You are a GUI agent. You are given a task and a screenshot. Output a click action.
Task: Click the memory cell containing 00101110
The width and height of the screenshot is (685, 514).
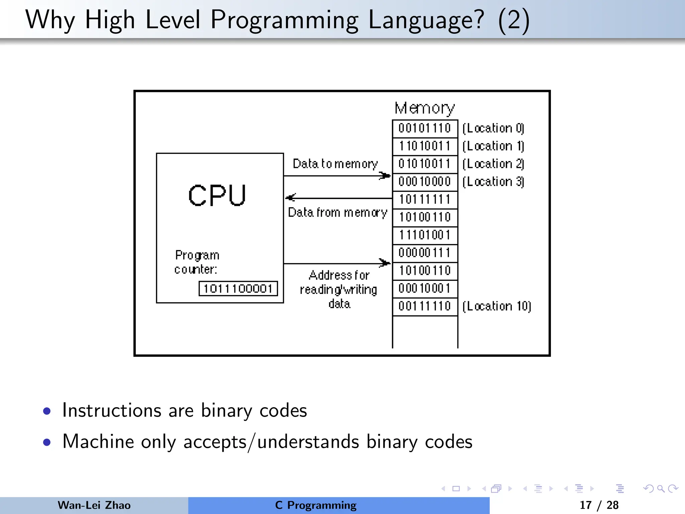point(425,128)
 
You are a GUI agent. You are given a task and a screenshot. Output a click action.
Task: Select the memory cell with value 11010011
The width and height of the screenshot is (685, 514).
point(425,146)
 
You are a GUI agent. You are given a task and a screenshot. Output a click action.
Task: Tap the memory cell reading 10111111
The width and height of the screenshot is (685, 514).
point(425,199)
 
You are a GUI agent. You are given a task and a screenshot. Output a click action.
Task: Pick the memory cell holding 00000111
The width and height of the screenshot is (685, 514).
point(425,253)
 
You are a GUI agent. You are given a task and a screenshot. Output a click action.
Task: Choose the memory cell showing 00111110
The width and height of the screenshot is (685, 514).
point(425,306)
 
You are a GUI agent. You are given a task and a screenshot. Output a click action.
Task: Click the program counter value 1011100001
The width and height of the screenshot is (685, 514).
point(238,288)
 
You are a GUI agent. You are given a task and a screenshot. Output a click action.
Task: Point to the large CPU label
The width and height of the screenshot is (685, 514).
point(217,195)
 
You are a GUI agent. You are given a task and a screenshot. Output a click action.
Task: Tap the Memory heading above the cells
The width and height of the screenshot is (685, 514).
point(425,108)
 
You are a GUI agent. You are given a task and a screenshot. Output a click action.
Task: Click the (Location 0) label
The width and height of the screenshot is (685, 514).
point(493,128)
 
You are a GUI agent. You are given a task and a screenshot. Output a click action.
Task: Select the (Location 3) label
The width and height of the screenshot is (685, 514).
point(493,182)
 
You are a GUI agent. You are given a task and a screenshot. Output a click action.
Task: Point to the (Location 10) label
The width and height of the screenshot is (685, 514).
point(497,306)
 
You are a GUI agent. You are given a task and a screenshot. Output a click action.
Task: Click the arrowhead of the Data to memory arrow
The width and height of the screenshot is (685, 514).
point(385,175)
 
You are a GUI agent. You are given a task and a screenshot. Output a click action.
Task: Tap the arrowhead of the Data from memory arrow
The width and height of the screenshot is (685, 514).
point(290,198)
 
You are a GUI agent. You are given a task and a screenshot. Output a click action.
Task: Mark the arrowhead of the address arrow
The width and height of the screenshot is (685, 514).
point(385,263)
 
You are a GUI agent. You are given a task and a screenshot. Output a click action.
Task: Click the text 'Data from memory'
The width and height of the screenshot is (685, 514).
point(337,212)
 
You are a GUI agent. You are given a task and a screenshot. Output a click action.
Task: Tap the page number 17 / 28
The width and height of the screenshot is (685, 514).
point(599,505)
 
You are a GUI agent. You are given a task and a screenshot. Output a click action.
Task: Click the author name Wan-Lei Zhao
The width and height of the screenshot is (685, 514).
point(94,505)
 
